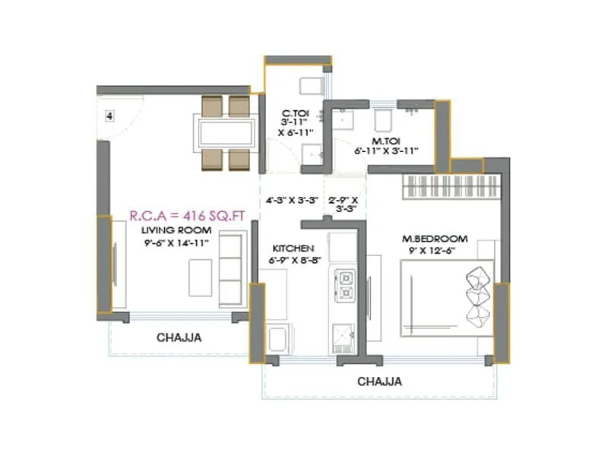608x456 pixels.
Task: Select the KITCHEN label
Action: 293,248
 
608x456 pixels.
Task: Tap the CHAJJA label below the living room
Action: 179,337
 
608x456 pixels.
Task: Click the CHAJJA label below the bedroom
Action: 379,381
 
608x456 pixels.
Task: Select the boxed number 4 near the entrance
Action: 109,116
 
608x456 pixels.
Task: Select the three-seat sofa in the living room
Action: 230,269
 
